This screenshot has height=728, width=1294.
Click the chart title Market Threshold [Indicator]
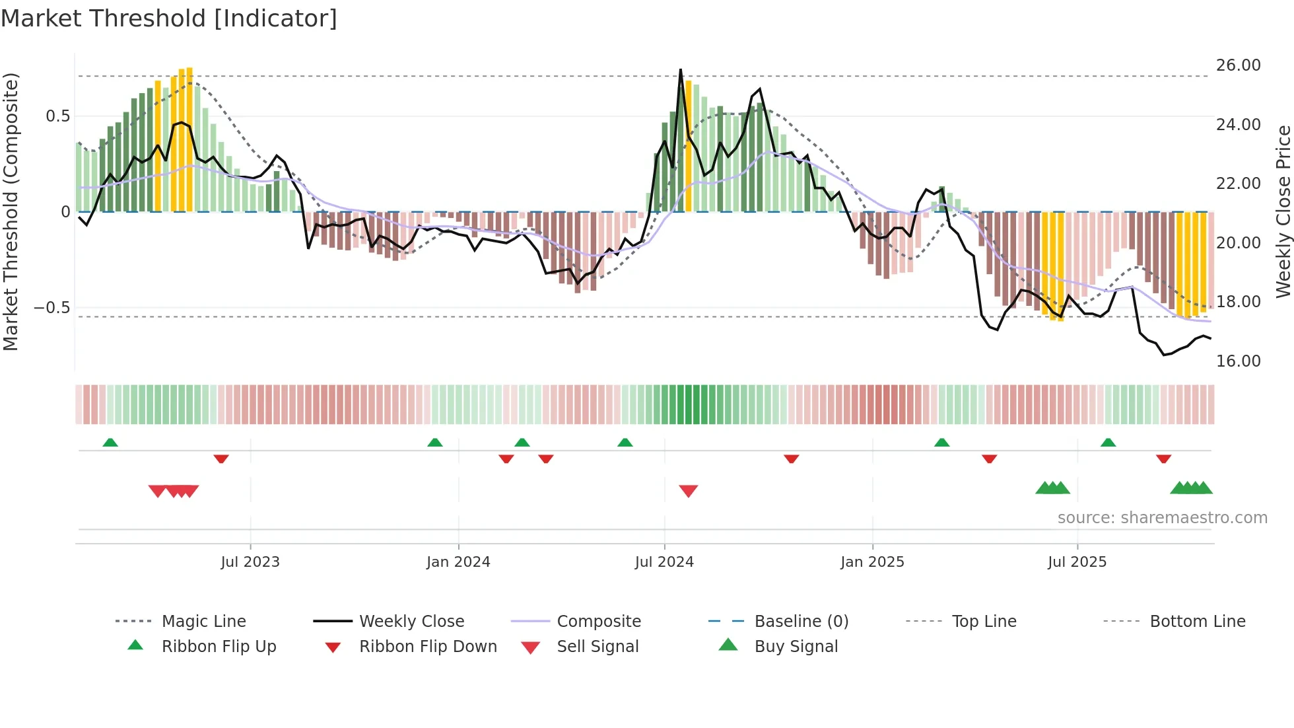[x=169, y=18]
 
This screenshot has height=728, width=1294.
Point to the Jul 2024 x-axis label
[x=664, y=562]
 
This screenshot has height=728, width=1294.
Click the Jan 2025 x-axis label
[x=872, y=562]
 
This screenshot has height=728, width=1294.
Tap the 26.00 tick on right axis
[x=1238, y=65]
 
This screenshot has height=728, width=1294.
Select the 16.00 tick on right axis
[x=1238, y=361]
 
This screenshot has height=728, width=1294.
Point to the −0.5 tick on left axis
[x=52, y=308]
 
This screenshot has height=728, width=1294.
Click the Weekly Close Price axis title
[x=1283, y=211]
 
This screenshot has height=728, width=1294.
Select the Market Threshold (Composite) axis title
[x=11, y=211]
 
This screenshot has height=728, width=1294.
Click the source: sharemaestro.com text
[x=1162, y=518]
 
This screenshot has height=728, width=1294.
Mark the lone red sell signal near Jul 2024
[x=689, y=491]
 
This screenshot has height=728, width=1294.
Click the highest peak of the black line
[x=681, y=69]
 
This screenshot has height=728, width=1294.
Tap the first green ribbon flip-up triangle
[x=110, y=442]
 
